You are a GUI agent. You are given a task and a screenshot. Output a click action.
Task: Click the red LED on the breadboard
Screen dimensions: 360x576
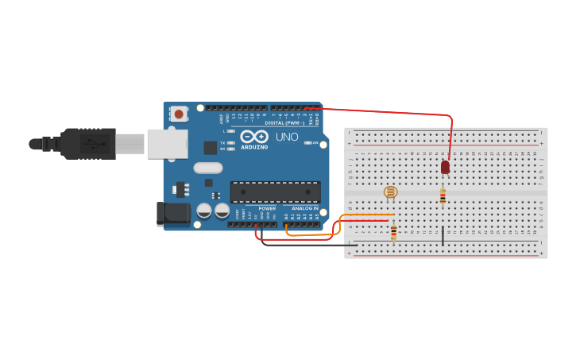click(x=445, y=167)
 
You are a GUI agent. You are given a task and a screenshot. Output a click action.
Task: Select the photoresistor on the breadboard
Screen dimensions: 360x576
click(x=390, y=192)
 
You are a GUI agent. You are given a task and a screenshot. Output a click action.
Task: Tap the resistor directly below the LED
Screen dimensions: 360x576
click(x=443, y=196)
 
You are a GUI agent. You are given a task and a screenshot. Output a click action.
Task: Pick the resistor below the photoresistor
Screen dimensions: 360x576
click(x=393, y=231)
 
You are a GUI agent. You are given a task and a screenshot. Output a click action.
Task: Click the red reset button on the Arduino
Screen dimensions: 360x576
click(x=179, y=114)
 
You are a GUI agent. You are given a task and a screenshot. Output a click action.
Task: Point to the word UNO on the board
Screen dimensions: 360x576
click(x=287, y=137)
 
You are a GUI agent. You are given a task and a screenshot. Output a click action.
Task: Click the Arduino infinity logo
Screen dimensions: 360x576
click(x=254, y=136)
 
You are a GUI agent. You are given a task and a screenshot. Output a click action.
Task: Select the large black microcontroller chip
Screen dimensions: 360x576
click(x=275, y=192)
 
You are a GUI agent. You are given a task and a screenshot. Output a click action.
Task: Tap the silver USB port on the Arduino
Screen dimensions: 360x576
click(x=168, y=144)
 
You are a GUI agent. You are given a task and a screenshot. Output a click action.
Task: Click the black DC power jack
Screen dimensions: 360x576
click(x=174, y=213)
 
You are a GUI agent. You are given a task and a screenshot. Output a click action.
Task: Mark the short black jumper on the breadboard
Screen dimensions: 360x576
click(x=443, y=235)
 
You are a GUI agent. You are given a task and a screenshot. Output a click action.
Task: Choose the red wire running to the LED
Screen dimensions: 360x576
click(x=381, y=111)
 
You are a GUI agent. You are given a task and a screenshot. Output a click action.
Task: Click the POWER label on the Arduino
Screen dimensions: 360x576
click(x=267, y=208)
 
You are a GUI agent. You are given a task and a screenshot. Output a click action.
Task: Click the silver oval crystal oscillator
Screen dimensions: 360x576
click(x=207, y=168)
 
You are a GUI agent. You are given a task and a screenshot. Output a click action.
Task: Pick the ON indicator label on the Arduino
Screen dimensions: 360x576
click(x=315, y=143)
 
